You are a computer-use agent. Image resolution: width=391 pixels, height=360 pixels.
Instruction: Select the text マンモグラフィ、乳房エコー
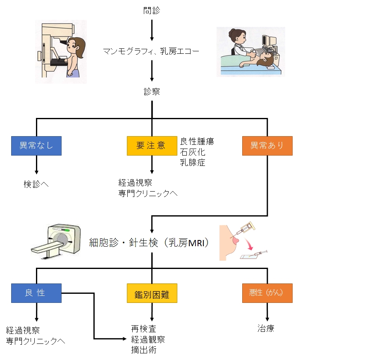(x=151, y=52)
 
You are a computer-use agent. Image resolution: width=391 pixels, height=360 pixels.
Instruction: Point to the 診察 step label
(x=152, y=92)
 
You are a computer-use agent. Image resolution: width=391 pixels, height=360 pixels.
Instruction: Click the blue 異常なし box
(x=36, y=146)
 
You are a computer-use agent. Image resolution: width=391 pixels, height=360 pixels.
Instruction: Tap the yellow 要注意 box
(x=152, y=146)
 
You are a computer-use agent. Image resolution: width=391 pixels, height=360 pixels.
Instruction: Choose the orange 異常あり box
(x=267, y=146)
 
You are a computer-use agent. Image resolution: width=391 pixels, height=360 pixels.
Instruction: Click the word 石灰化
(x=193, y=152)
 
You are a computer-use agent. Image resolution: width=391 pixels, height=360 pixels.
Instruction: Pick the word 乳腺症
(x=193, y=163)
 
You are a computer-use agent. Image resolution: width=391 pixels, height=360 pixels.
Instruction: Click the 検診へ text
(x=36, y=184)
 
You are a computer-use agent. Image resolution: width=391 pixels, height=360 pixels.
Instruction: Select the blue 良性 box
(x=36, y=293)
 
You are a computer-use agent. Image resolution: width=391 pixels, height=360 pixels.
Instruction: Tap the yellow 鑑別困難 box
(x=152, y=295)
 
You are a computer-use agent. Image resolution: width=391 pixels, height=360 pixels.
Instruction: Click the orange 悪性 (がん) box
(x=267, y=293)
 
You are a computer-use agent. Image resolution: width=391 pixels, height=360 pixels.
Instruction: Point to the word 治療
(x=266, y=329)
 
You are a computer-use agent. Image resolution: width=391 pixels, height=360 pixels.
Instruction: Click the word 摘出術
(x=144, y=350)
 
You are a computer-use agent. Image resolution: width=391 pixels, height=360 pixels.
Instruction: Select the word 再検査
(x=144, y=329)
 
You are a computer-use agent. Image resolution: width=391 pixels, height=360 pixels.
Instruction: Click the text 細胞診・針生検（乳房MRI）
(x=149, y=242)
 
